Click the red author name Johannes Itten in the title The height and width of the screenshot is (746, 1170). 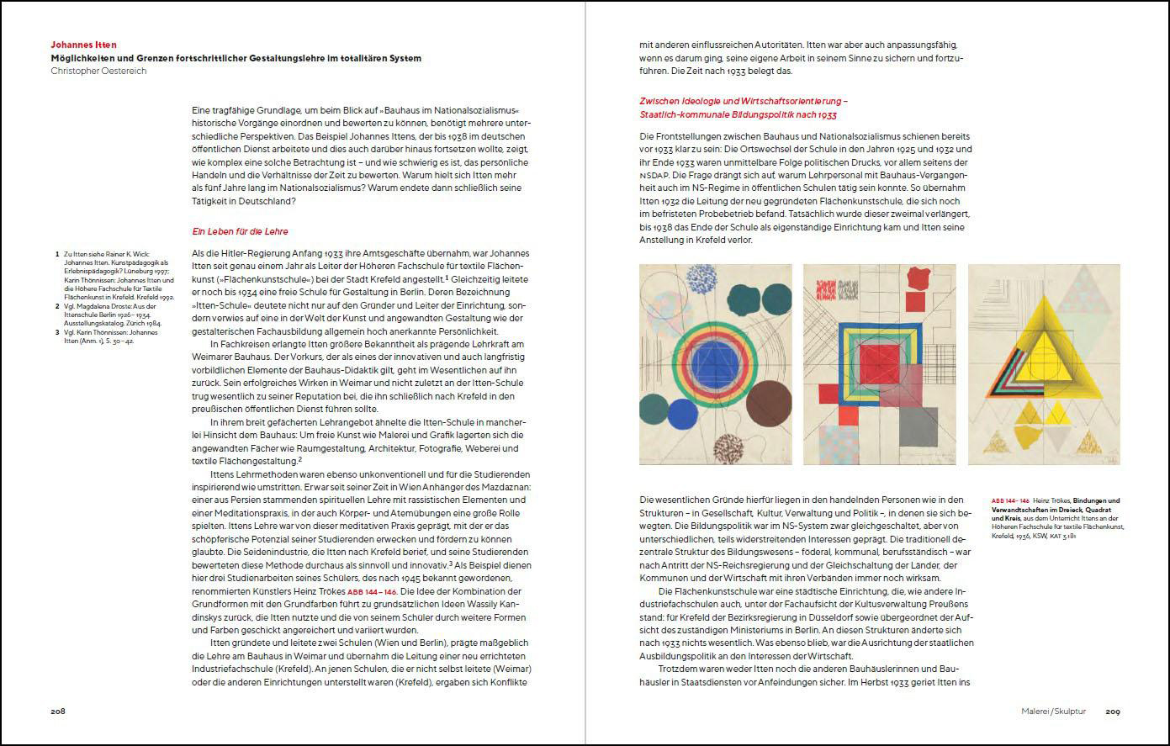click(x=83, y=45)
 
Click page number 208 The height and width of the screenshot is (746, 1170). click(x=58, y=711)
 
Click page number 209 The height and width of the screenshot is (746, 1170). click(x=1112, y=712)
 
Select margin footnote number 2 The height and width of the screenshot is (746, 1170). click(x=56, y=307)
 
